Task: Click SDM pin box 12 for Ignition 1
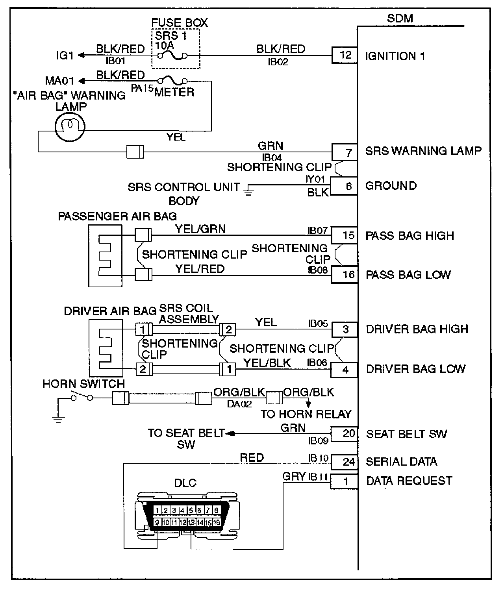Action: coord(345,55)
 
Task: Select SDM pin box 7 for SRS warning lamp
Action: coord(345,152)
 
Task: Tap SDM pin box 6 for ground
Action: coord(344,186)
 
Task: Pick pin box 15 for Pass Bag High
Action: coord(345,235)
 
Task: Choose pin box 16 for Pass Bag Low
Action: coord(345,275)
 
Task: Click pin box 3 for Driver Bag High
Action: coord(345,329)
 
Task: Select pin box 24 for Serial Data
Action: coord(345,462)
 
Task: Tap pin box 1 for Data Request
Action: coord(344,481)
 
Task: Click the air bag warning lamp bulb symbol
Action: coord(70,127)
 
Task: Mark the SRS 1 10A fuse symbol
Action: coord(172,55)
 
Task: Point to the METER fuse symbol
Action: coord(172,80)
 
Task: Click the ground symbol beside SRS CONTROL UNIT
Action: coord(248,190)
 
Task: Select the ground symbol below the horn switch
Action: coord(58,420)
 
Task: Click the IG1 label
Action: coord(65,55)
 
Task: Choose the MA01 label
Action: coord(59,81)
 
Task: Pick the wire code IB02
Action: coord(278,62)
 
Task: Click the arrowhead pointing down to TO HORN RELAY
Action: coord(308,405)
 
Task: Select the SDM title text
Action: coord(400,18)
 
